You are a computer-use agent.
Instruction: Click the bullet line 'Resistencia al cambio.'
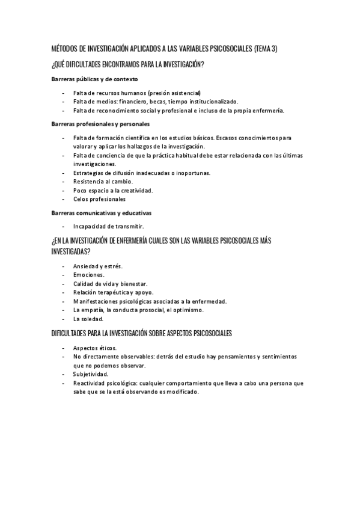[103, 181]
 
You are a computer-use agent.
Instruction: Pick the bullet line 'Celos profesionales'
[99, 198]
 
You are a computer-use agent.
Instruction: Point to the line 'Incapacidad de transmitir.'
[108, 226]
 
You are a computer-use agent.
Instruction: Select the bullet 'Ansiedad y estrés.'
[98, 266]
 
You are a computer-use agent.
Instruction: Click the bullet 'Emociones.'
[88, 275]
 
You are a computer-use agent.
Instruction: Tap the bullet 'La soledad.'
[88, 318]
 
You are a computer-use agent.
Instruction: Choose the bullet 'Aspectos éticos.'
[95, 348]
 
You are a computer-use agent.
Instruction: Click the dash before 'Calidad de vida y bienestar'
[64, 283]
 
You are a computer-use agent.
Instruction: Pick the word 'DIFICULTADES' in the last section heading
[73, 333]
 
